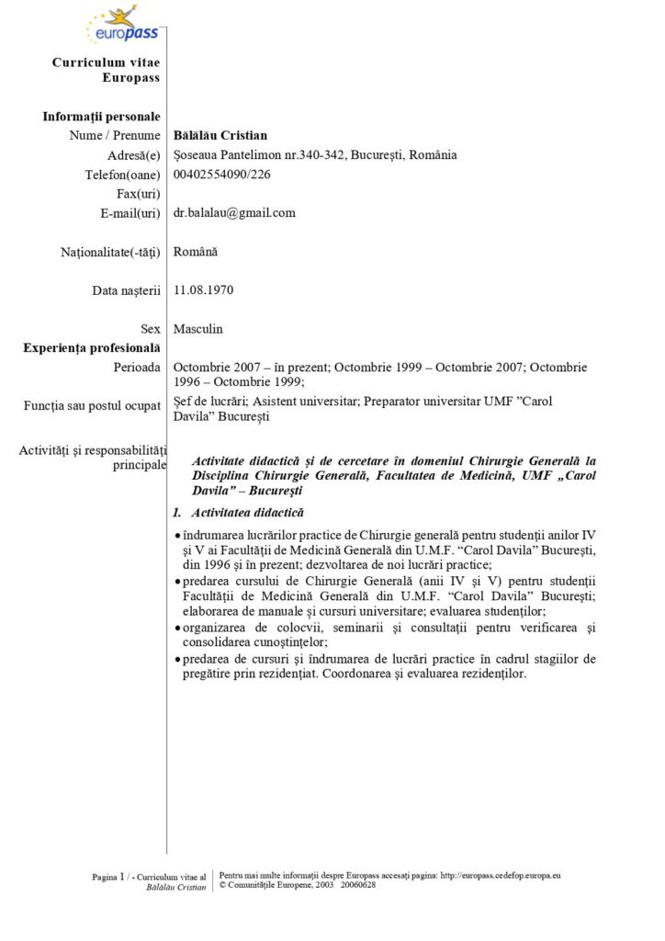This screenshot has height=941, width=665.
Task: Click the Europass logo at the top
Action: tap(120, 27)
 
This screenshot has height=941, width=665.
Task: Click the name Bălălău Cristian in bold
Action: tap(220, 135)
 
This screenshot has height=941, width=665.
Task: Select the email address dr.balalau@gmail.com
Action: tap(234, 212)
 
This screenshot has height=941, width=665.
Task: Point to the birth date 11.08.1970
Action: tap(203, 289)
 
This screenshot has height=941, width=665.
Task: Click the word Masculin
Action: tap(197, 328)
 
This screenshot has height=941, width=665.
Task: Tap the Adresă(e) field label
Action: tap(134, 155)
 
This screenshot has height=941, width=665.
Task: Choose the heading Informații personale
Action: tap(102, 116)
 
